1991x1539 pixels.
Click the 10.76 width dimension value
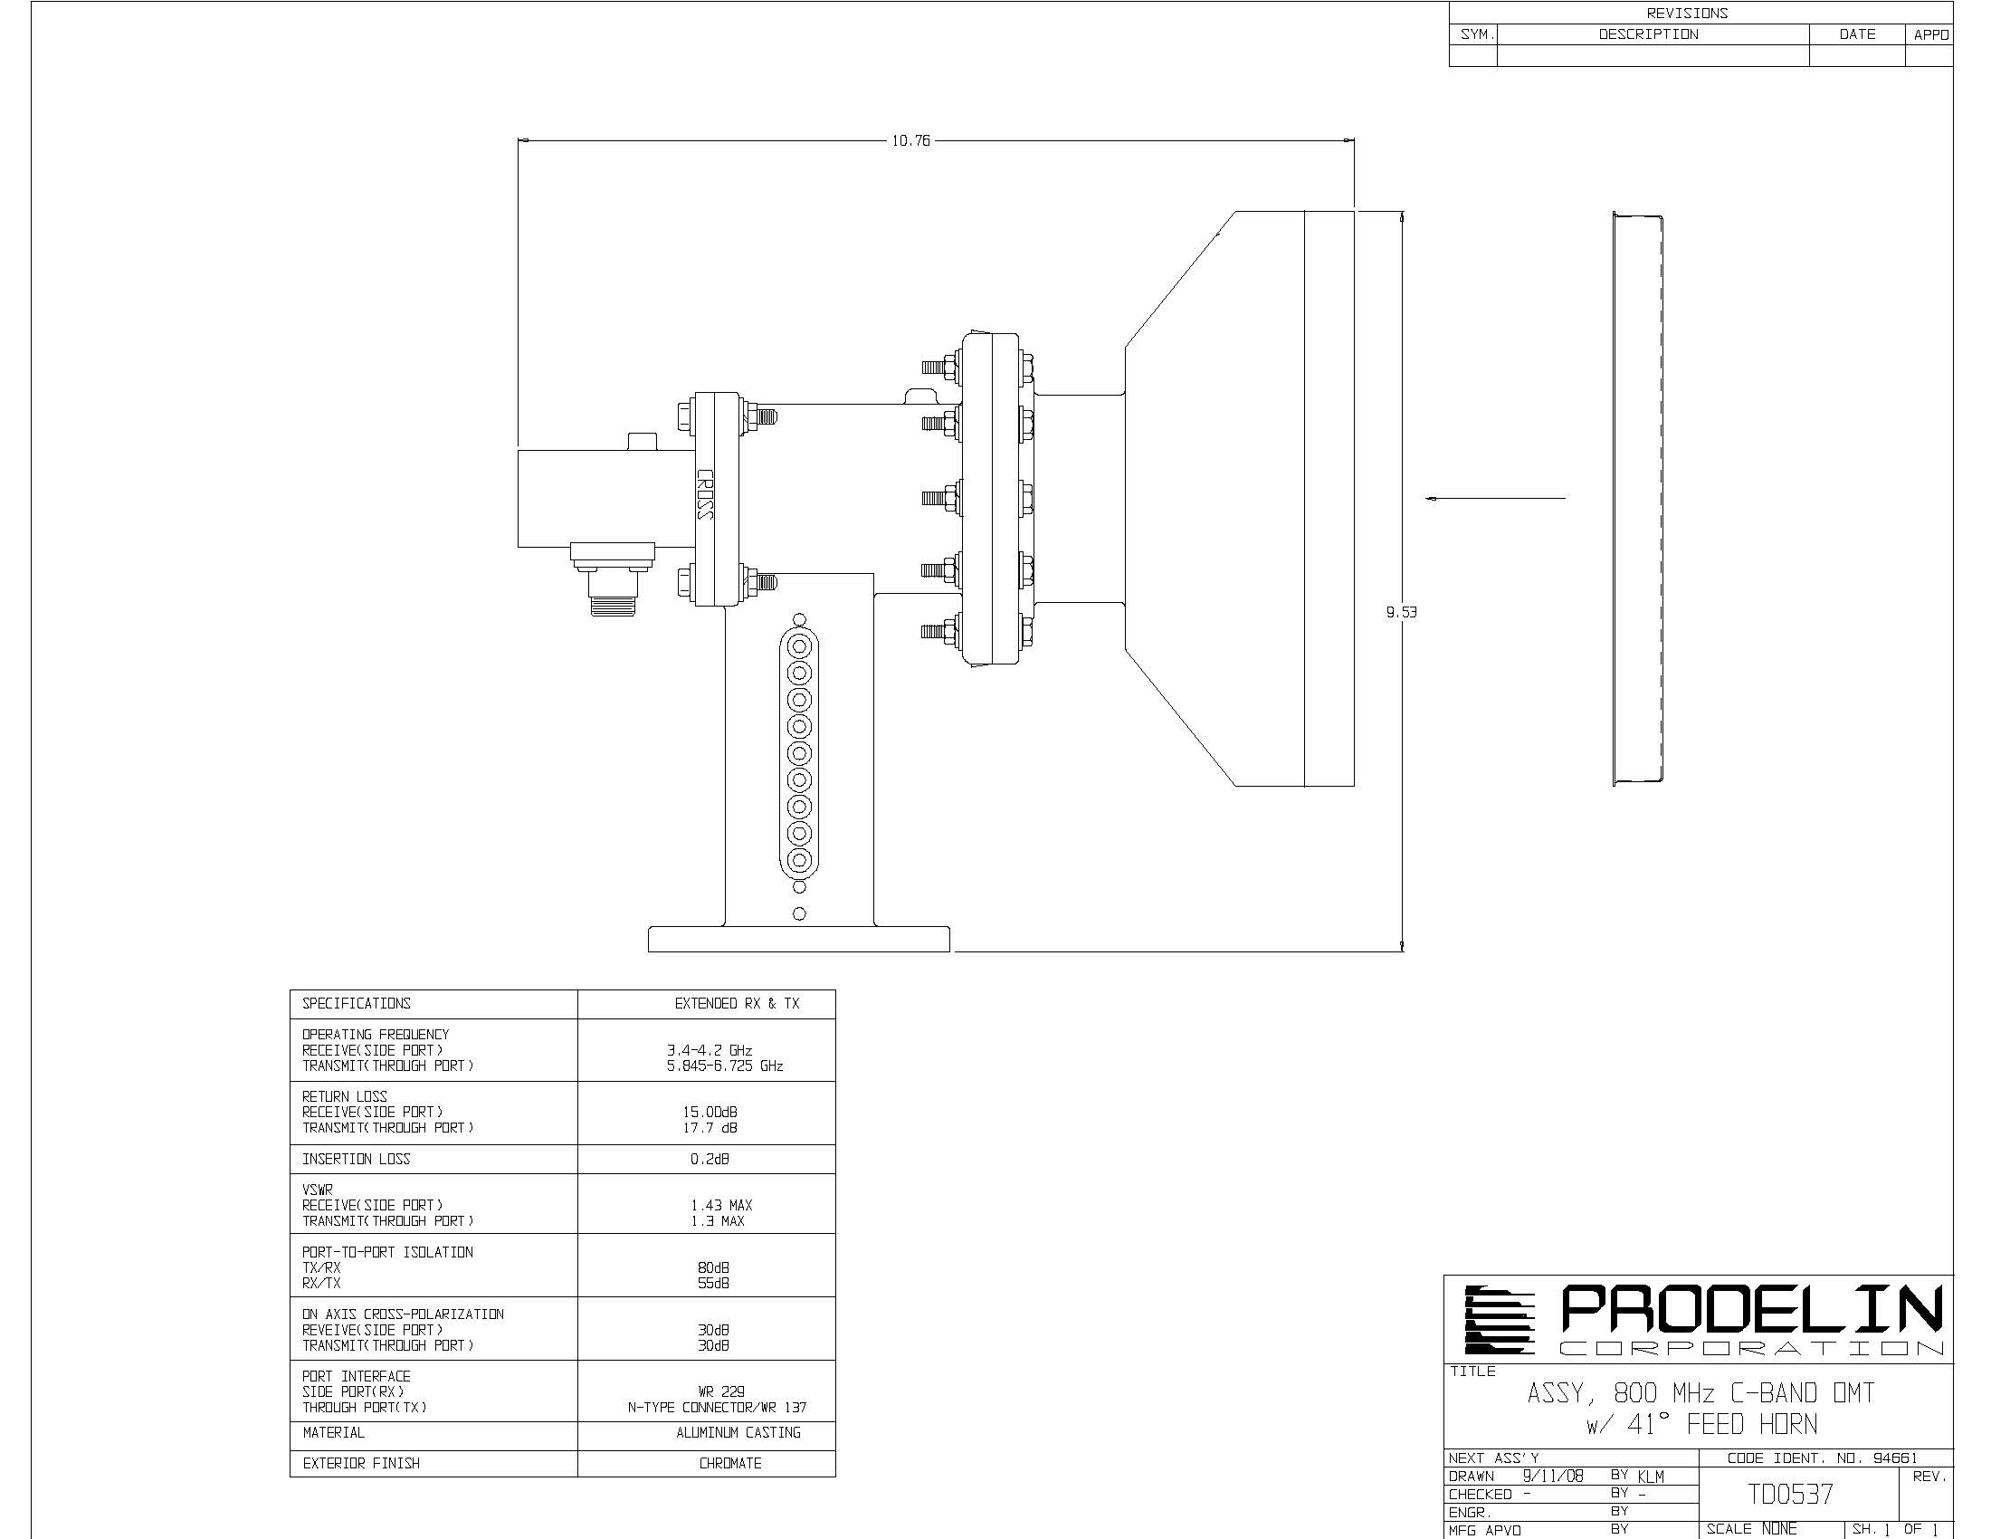point(910,141)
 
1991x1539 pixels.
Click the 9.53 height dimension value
point(1401,613)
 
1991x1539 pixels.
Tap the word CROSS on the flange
point(704,494)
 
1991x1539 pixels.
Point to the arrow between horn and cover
point(1495,499)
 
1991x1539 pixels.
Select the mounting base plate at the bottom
point(798,939)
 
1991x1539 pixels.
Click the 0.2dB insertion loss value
point(710,1159)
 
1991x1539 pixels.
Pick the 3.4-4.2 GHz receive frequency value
point(710,1050)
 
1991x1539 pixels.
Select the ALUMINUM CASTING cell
point(738,1432)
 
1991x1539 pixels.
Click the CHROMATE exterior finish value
point(730,1463)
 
